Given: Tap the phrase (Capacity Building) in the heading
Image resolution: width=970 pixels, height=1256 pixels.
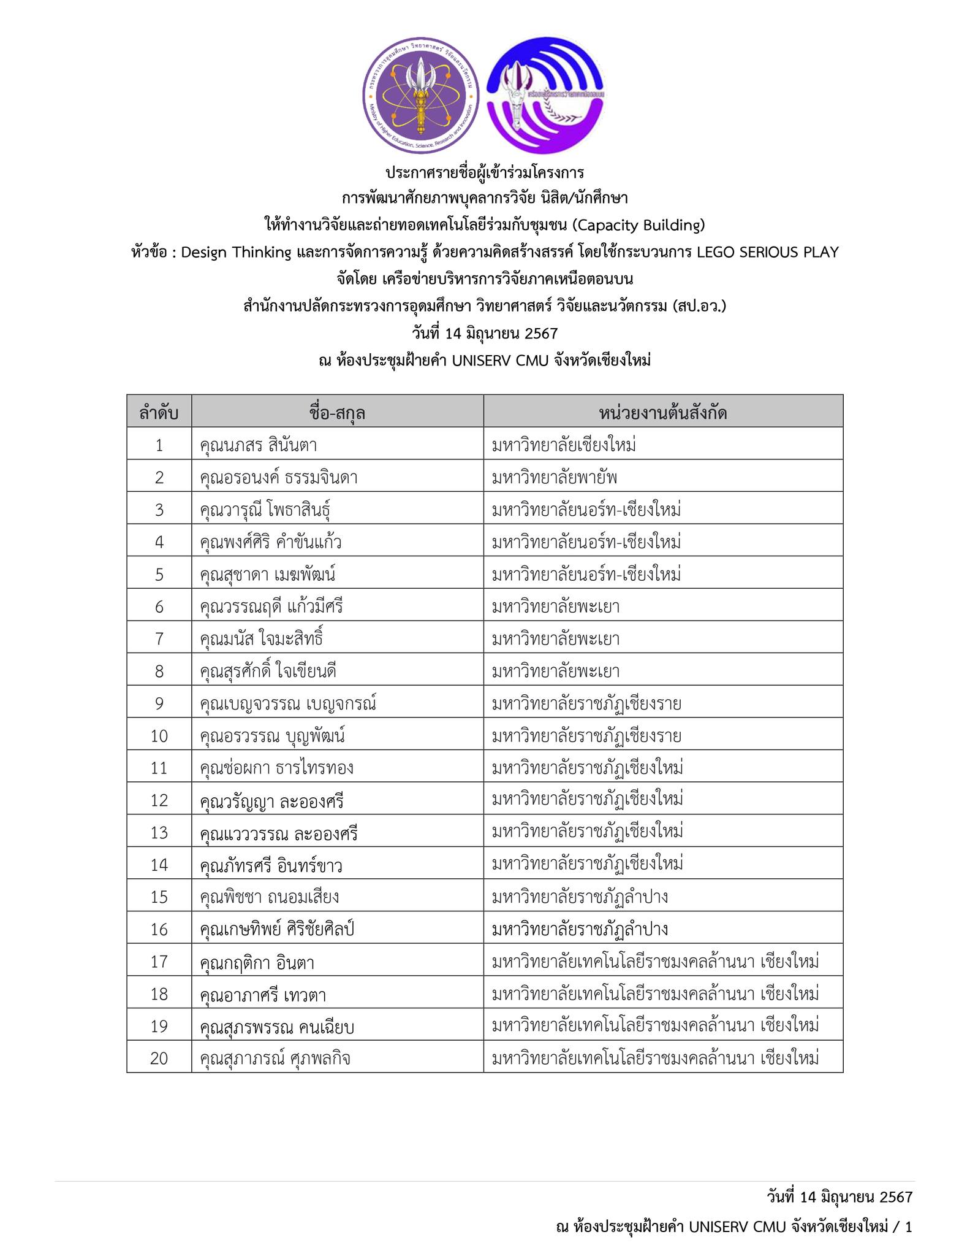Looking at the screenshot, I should pyautogui.click(x=639, y=225).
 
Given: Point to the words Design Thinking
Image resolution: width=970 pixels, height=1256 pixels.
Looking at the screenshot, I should pyautogui.click(x=236, y=252).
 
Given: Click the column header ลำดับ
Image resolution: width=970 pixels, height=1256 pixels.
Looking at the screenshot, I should pyautogui.click(x=159, y=413).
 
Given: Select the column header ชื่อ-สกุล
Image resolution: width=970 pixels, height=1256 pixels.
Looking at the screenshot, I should pyautogui.click(x=337, y=413).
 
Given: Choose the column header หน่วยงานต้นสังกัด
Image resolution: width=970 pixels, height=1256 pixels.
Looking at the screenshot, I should pyautogui.click(x=662, y=413).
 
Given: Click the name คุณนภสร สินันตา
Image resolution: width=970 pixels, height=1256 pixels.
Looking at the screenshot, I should pyautogui.click(x=258, y=445).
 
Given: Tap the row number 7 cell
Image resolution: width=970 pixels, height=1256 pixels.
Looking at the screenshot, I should pyautogui.click(x=159, y=639).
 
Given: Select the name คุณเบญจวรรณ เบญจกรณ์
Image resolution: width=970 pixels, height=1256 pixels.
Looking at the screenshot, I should pyautogui.click(x=288, y=703).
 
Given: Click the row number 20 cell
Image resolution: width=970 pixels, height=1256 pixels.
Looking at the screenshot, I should pyautogui.click(x=159, y=1059).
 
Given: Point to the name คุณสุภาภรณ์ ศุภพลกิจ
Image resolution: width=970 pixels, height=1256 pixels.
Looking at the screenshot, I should pyautogui.click(x=275, y=1059).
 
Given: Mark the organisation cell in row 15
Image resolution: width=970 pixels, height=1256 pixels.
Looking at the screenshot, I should pyautogui.click(x=580, y=897).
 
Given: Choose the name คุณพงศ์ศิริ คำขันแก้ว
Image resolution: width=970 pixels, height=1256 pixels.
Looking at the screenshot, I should pyautogui.click(x=270, y=542).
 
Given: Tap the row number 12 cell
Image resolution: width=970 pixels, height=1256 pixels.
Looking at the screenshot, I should pyautogui.click(x=159, y=800).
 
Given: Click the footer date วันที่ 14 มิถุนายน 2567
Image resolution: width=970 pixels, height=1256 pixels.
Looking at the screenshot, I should pyautogui.click(x=839, y=1197).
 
